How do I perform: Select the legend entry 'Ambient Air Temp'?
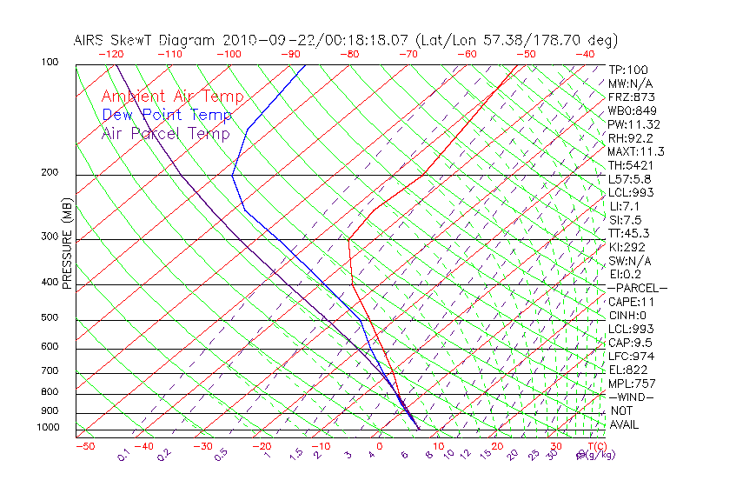[x=172, y=97]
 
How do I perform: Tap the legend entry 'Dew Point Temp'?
[x=167, y=115]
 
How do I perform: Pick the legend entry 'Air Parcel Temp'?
[x=165, y=133]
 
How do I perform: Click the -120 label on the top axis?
[x=110, y=54]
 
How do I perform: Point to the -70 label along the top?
[x=407, y=54]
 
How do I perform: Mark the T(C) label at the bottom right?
[x=595, y=446]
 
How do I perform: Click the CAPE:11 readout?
[x=631, y=302]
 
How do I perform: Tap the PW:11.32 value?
[x=634, y=124]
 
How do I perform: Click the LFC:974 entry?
[x=631, y=357]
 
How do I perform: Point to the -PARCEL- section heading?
[x=638, y=288]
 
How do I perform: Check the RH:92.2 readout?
[x=631, y=137]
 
